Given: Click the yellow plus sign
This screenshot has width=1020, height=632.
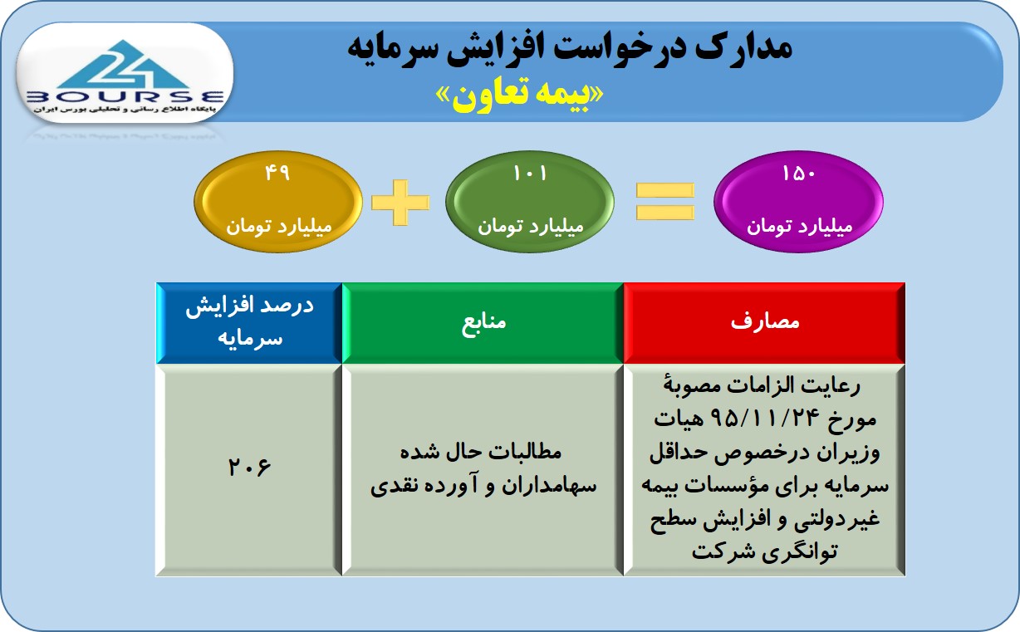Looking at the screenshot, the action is pos(400,203).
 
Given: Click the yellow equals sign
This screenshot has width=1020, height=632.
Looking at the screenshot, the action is pos(664,202).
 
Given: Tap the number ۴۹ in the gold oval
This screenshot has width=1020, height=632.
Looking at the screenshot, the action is pos(277,173).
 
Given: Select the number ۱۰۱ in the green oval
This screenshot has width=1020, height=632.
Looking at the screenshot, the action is pos(530,174).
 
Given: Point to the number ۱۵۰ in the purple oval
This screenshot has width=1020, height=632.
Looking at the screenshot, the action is pos(798,174).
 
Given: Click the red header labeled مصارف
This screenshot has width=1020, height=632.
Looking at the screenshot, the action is pos(764,323).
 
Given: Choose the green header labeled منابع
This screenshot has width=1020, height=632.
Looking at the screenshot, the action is pos(483,323).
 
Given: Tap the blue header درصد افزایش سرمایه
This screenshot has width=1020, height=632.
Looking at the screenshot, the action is pos(249,323).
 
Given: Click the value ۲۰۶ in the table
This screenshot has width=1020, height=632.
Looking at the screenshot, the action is pos(249,467).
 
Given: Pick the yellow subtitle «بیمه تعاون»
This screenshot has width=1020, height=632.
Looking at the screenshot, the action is pos(520,96).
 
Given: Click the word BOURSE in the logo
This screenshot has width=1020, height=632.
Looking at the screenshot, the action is pos(125,97).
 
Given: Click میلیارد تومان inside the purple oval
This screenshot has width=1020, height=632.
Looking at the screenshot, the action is pos(799,226).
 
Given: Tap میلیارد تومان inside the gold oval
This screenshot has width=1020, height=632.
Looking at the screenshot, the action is pos(279,226).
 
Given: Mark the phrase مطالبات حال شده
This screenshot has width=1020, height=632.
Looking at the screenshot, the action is pos(481,452).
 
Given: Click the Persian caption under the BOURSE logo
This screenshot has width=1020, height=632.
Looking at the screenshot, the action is pos(125,110).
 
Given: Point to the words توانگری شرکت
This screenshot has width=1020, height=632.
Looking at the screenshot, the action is pos(764,551).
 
